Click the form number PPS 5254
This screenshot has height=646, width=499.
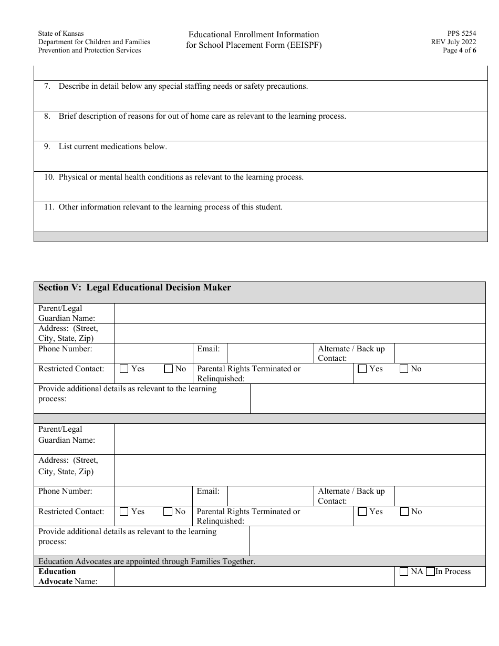(x=462, y=33)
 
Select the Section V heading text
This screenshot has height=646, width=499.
(x=134, y=288)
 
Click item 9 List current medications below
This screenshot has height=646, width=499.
(x=112, y=147)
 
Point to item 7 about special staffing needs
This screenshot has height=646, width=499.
(x=183, y=86)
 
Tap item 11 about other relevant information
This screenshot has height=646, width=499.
(x=170, y=207)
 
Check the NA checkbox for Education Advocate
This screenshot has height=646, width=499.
(x=404, y=572)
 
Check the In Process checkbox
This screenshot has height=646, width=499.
(x=430, y=572)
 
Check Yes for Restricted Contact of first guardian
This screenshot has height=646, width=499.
(x=124, y=369)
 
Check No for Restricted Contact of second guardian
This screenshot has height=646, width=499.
(x=168, y=512)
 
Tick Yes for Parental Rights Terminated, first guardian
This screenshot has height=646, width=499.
(x=362, y=369)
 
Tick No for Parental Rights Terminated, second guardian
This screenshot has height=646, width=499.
(x=404, y=512)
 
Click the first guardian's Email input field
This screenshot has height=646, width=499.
(x=270, y=353)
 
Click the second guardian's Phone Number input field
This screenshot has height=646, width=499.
(x=153, y=496)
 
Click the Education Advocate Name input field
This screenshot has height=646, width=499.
(x=254, y=576)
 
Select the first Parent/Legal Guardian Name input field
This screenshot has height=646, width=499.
(x=299, y=313)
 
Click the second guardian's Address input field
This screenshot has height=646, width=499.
(x=299, y=470)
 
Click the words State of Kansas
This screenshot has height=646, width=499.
(x=60, y=33)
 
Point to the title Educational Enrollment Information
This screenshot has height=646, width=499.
(x=254, y=35)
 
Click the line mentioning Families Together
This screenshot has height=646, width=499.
(x=147, y=561)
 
